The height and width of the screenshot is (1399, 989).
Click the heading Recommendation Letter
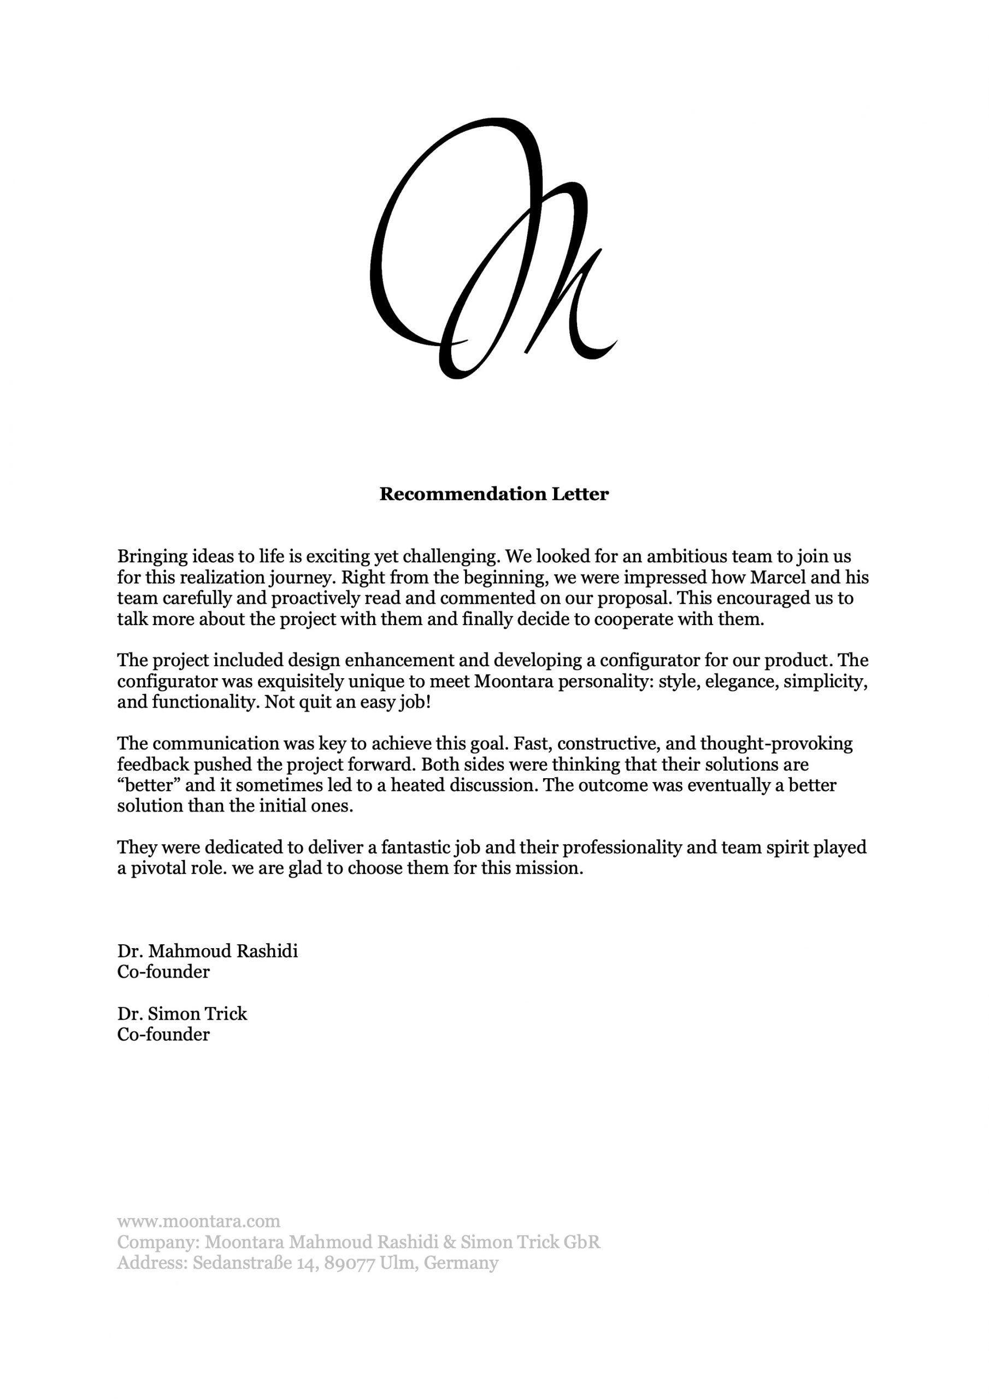point(493,494)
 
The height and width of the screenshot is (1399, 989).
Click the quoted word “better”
point(146,785)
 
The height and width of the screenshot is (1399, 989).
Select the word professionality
point(620,848)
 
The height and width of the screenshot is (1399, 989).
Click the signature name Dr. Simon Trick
point(182,1014)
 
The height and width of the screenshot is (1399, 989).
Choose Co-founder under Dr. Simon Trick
point(163,1034)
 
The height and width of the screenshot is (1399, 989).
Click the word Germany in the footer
point(461,1263)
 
